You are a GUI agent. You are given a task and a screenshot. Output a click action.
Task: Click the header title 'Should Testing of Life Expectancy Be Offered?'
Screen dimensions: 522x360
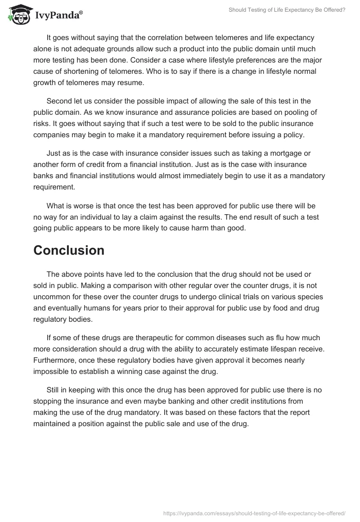coord(287,9)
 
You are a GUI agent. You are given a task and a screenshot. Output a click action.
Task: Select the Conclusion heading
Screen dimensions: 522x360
coord(69,250)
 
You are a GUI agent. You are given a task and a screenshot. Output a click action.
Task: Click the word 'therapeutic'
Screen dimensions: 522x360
coord(139,338)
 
